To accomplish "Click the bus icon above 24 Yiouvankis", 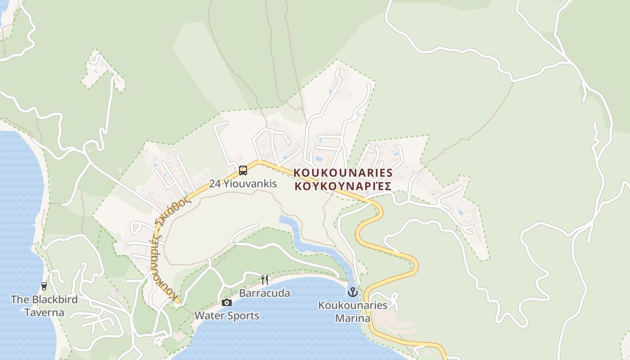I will [x=243, y=171].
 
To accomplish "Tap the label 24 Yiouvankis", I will [x=243, y=184].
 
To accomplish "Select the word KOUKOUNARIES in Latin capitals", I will [x=343, y=173].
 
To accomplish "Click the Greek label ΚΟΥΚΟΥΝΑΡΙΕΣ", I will [x=343, y=186].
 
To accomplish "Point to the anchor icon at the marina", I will [x=352, y=292].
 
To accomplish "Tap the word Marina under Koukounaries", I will [x=353, y=319].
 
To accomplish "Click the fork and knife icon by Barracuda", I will [x=265, y=280].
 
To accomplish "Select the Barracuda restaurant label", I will [x=265, y=293].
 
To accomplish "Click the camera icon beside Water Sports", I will [x=227, y=302].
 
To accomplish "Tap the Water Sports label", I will [x=227, y=316].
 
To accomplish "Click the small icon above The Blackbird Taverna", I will [x=44, y=286].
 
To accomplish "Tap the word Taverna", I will [x=44, y=312].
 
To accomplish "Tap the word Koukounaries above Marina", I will [x=353, y=306].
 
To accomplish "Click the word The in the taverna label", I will [x=20, y=299].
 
